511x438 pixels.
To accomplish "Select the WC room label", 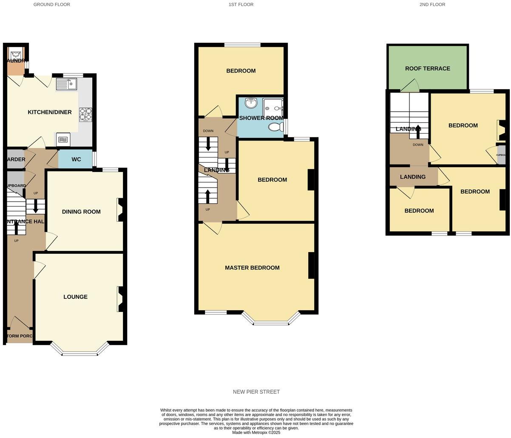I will pyautogui.click(x=76, y=160).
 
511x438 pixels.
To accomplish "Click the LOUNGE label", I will pyautogui.click(x=76, y=297).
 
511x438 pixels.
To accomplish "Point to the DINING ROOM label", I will pyautogui.click(x=81, y=211).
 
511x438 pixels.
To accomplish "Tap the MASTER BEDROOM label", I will pyautogui.click(x=252, y=268).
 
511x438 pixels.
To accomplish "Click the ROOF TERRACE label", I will pyautogui.click(x=427, y=68).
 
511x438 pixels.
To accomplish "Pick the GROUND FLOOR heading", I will pyautogui.click(x=52, y=5).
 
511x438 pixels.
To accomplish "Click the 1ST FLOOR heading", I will pyautogui.click(x=241, y=5).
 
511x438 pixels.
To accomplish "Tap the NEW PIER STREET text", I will pyautogui.click(x=256, y=392).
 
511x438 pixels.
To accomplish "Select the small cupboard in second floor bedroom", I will pyautogui.click(x=500, y=155).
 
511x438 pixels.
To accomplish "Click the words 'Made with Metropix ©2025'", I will pyautogui.click(x=256, y=432).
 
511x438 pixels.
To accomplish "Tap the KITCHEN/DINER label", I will pyautogui.click(x=50, y=112).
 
